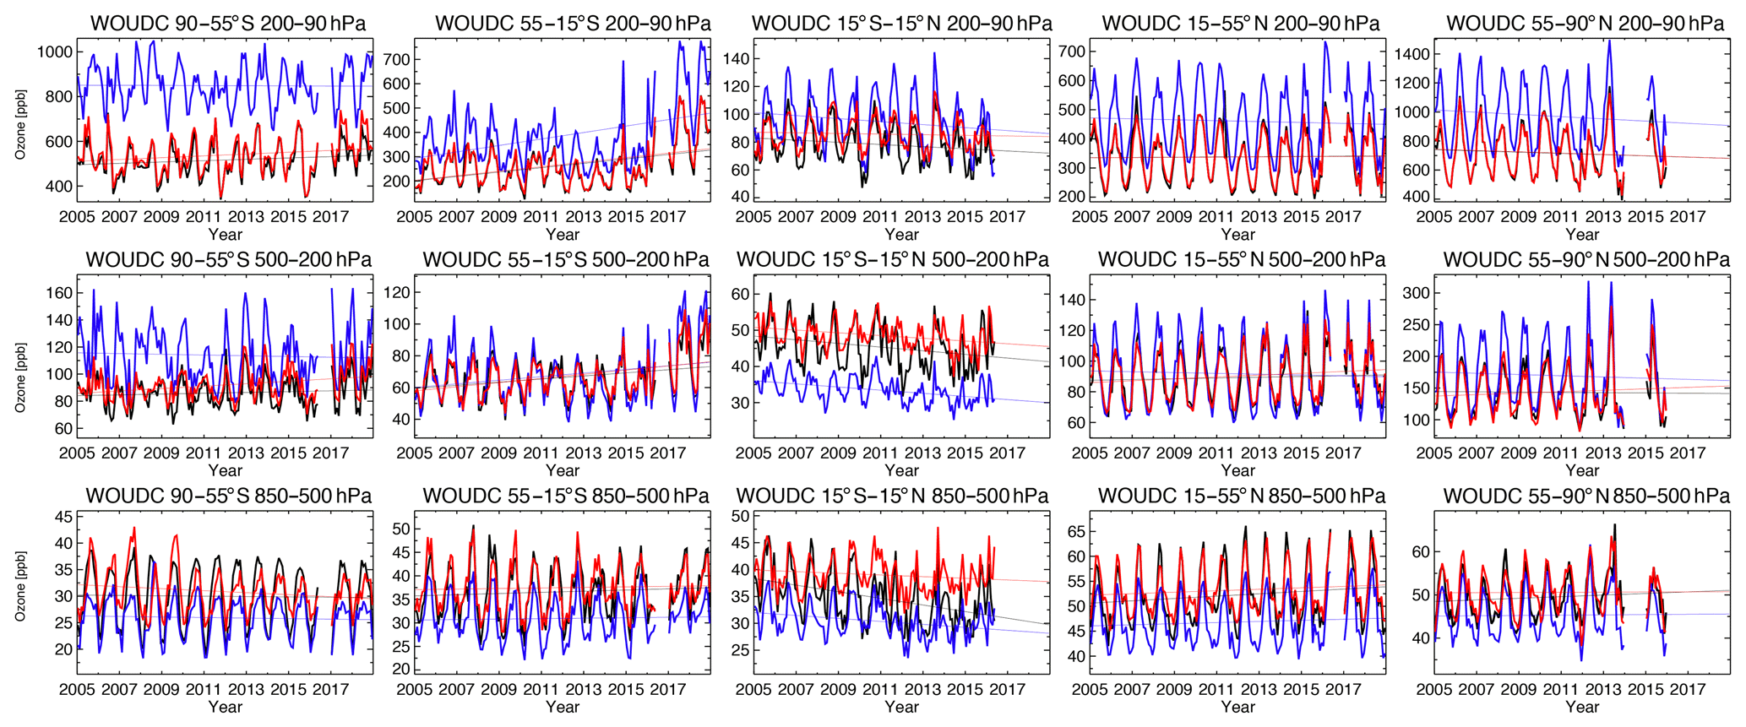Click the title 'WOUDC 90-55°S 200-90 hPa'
pyautogui.click(x=228, y=23)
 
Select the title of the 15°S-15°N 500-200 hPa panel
pyautogui.click(x=893, y=259)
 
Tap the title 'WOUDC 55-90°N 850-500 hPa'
pyautogui.click(x=1586, y=496)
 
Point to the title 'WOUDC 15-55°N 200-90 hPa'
pyautogui.click(x=1241, y=23)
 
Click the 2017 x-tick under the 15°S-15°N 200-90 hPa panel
pyautogui.click(x=1007, y=217)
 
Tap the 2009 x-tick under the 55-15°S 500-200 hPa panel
pyautogui.click(x=498, y=453)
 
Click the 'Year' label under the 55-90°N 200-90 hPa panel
pyautogui.click(x=1582, y=235)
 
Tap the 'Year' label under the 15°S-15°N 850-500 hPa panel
pyautogui.click(x=901, y=708)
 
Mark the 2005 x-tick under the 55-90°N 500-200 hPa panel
pyautogui.click(x=1434, y=453)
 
